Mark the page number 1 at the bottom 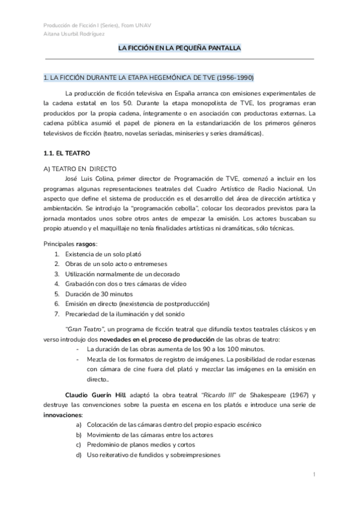tap(314, 475)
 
